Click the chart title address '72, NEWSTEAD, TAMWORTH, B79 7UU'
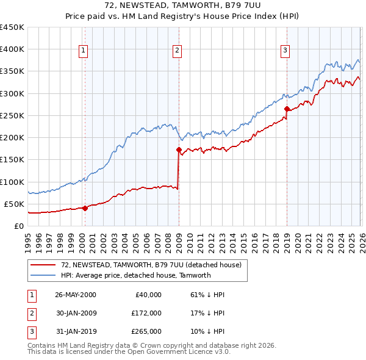tap(183, 5)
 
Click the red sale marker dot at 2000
tap(85, 208)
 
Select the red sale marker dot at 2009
tap(179, 149)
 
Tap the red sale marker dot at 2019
tap(286, 109)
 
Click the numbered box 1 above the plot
tap(83, 51)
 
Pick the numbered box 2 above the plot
tap(176, 51)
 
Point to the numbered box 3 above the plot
tap(284, 51)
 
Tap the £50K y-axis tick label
tap(14, 204)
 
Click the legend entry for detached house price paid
tap(151, 265)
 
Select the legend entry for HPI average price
tap(135, 275)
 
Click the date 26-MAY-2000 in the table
tap(75, 294)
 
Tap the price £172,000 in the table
tap(146, 313)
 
